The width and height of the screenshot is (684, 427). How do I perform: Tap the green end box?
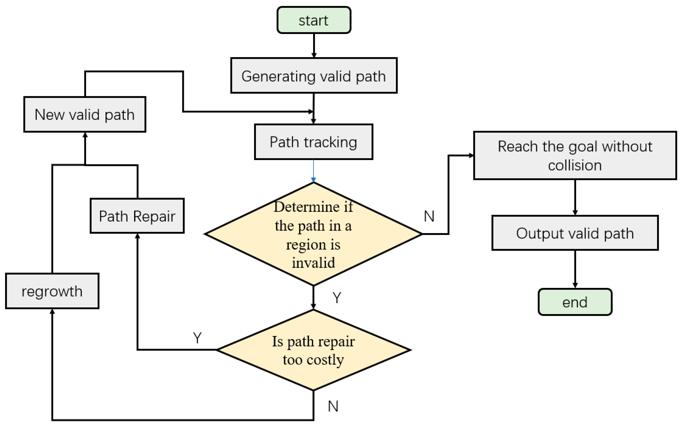click(x=575, y=302)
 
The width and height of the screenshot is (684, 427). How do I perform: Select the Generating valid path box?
click(x=314, y=76)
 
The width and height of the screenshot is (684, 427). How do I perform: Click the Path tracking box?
click(x=313, y=142)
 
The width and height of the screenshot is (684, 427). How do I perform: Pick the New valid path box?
click(x=85, y=114)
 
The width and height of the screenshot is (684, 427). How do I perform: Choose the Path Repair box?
click(x=137, y=216)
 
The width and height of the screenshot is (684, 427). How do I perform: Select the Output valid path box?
click(x=575, y=233)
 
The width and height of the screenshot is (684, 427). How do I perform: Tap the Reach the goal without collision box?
click(x=575, y=155)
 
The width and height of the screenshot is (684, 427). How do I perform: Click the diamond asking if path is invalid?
click(x=313, y=234)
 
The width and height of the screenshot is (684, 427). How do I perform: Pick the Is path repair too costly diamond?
click(x=313, y=350)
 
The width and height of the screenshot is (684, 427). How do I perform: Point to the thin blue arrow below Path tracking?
click(x=313, y=171)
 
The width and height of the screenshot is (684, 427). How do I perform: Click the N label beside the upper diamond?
click(x=429, y=216)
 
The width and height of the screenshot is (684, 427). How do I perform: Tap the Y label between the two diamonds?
click(x=337, y=298)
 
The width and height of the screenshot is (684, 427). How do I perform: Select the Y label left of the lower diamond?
click(x=197, y=338)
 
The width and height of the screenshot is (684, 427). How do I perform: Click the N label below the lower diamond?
click(x=333, y=406)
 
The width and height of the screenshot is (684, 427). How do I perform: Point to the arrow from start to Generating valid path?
click(x=314, y=45)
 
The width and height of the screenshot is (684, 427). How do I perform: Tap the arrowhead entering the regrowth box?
click(x=52, y=311)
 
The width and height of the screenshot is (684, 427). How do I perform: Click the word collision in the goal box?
click(x=575, y=165)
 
